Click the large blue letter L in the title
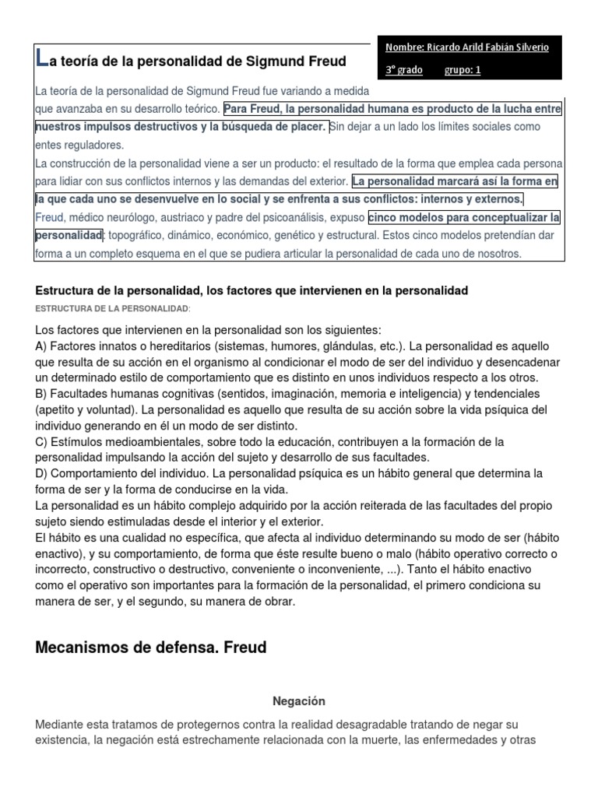point(42,58)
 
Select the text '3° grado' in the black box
point(404,70)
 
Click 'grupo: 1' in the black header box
point(463,70)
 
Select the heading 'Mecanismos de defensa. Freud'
point(152,647)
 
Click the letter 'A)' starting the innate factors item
point(43,346)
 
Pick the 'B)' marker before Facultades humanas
point(43,395)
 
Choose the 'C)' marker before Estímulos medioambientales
point(43,442)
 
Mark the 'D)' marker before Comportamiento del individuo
point(43,473)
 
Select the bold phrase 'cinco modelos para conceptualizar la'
point(464,217)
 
